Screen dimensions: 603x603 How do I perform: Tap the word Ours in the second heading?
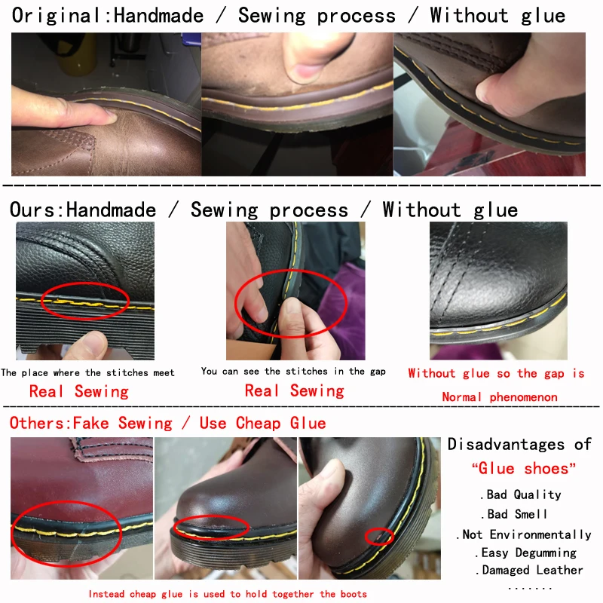(x=33, y=210)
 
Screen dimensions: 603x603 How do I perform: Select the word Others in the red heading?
(x=37, y=423)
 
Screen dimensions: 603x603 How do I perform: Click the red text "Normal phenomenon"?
(x=499, y=397)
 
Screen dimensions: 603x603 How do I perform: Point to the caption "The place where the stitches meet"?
(x=87, y=372)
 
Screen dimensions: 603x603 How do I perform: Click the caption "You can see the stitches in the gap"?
(x=293, y=371)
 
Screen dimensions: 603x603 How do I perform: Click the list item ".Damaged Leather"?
(x=531, y=571)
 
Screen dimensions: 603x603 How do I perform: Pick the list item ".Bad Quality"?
(x=521, y=494)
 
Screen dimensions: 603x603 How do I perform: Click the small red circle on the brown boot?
(x=379, y=536)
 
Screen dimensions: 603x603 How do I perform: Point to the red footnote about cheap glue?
(x=227, y=594)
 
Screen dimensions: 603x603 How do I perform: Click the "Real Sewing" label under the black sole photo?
(x=78, y=391)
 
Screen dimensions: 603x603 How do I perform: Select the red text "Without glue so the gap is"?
(x=496, y=373)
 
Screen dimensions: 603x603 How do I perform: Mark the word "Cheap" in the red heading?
(x=259, y=423)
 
